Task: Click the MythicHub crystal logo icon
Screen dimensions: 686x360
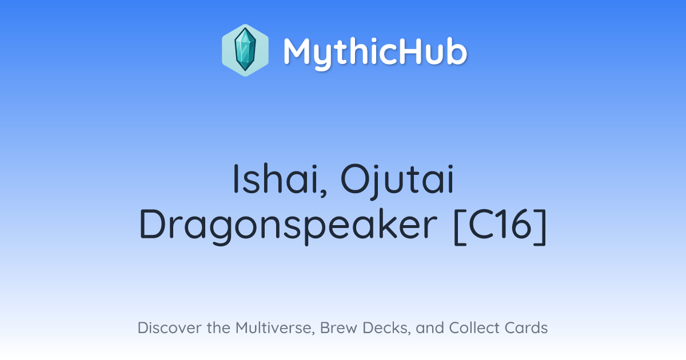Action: pyautogui.click(x=245, y=50)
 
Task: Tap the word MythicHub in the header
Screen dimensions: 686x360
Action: pyautogui.click(x=375, y=53)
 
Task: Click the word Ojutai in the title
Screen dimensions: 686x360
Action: pyautogui.click(x=397, y=181)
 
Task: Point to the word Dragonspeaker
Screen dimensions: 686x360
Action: pyautogui.click(x=288, y=226)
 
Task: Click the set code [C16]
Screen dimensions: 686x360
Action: pyautogui.click(x=500, y=226)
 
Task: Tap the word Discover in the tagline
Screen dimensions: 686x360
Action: pyautogui.click(x=169, y=327)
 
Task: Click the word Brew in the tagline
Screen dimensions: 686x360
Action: pyautogui.click(x=338, y=327)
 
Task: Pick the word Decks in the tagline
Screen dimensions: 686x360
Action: pyautogui.click(x=386, y=328)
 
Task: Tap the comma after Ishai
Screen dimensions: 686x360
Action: pyautogui.click(x=324, y=192)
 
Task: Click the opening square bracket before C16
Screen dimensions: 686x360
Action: pyautogui.click(x=460, y=226)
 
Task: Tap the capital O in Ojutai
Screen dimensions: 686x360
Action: pyautogui.click(x=354, y=179)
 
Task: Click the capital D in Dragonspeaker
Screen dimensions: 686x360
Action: pyautogui.click(x=153, y=224)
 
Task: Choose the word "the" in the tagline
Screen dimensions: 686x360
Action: pyautogui.click(x=218, y=327)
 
